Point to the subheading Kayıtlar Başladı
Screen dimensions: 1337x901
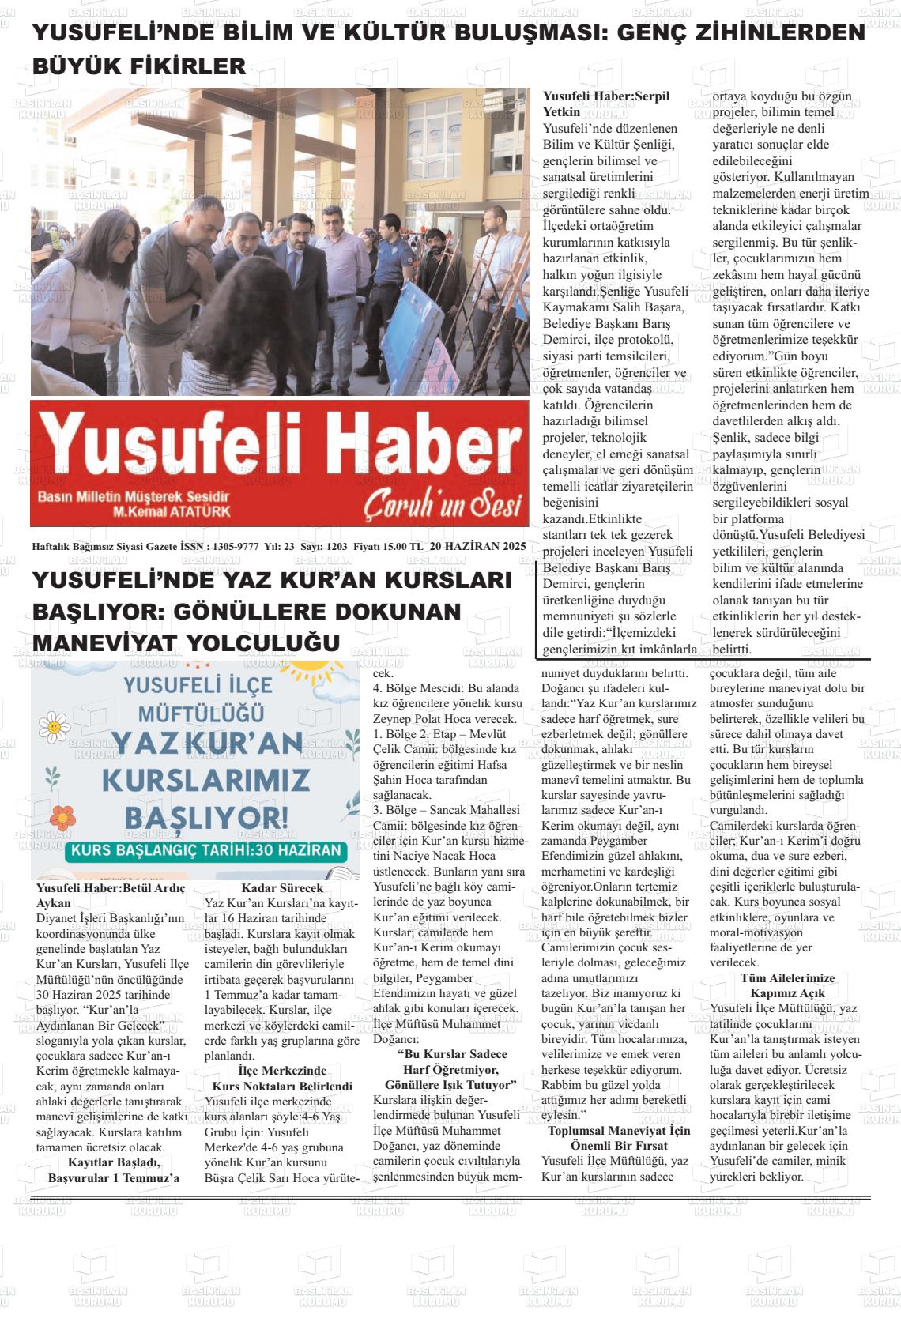pos(114,1162)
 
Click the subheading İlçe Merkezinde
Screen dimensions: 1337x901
pos(281,1071)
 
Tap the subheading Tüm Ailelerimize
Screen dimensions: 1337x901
pos(786,978)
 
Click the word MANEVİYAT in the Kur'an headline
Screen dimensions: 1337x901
pos(107,643)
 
